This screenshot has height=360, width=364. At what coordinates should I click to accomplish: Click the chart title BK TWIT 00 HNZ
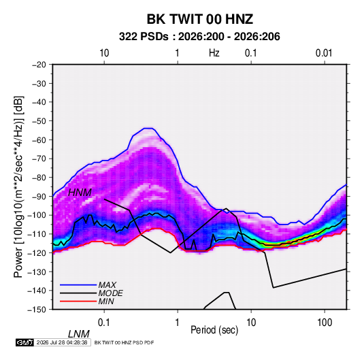pos(199,19)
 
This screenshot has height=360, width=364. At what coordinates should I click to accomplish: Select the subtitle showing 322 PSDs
pos(199,37)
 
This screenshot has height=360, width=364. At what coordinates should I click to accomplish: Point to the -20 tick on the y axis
pos(39,65)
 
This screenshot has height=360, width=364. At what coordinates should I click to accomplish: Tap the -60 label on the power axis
pos(39,140)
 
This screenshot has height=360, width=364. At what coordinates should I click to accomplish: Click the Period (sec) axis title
pos(214,330)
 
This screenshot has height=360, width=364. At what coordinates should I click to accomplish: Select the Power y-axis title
pos(18,186)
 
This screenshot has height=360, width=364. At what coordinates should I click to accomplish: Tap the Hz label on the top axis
pos(214,53)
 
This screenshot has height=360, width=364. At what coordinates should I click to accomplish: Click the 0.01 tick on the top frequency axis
pos(324,53)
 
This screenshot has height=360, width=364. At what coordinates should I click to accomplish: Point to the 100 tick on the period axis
pos(325,323)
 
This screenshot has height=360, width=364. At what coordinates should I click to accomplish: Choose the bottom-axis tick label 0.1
pos(104,323)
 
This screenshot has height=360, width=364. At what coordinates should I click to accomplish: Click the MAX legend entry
pos(107,285)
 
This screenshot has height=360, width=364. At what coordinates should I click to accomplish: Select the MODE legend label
pos(110,293)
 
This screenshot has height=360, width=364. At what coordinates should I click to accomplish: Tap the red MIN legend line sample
pos(78,301)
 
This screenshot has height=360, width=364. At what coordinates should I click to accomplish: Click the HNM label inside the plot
pos(80,193)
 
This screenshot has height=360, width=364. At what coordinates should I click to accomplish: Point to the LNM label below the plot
pos(79,334)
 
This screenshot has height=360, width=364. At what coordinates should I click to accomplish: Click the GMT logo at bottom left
pos(24,342)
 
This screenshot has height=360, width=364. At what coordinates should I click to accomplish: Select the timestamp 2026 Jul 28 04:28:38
pos(62,342)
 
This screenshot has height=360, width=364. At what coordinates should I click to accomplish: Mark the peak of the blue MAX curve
pos(148,128)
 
